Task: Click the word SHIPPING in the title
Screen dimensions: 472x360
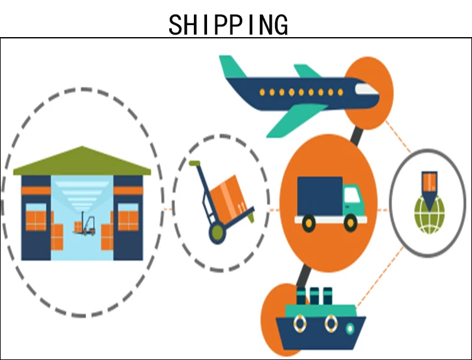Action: point(228,24)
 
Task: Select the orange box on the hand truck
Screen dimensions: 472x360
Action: point(228,195)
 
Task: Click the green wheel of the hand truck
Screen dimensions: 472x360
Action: point(216,234)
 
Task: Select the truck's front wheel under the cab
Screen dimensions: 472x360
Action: point(350,221)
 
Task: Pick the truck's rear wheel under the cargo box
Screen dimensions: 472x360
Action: point(308,221)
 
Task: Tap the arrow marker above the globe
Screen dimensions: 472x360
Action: point(429,189)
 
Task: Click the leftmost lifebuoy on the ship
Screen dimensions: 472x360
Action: point(300,324)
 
